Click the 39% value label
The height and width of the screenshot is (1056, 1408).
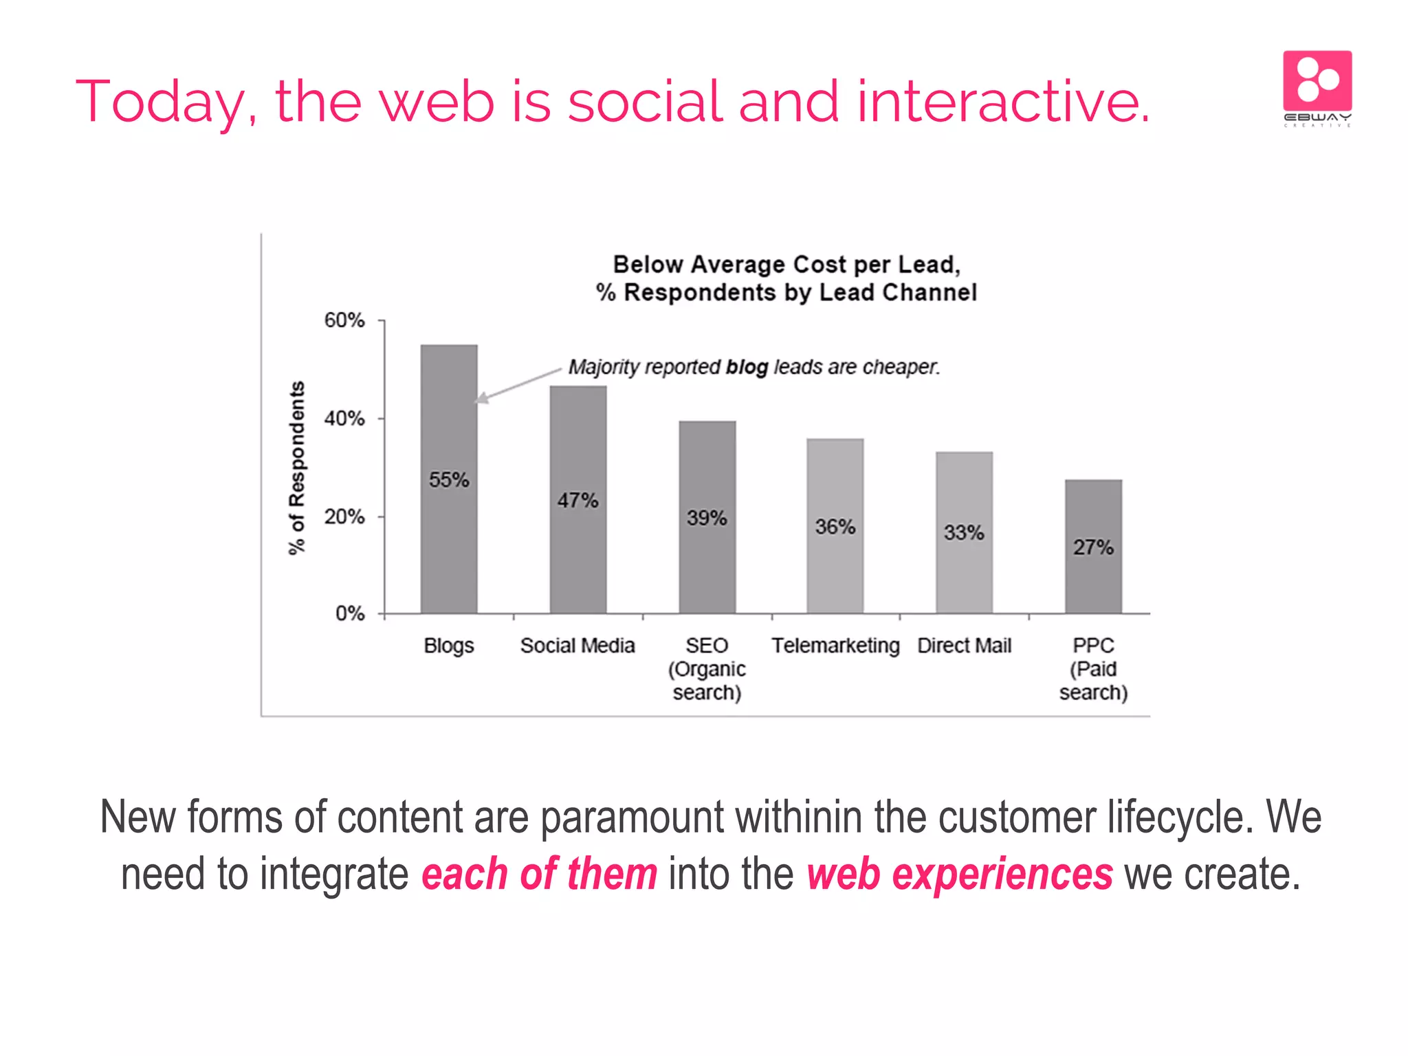pos(707,518)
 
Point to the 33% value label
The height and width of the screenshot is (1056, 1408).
pos(964,532)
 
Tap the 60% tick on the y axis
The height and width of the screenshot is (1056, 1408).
pos(344,320)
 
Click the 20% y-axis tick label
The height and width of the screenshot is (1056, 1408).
pos(344,517)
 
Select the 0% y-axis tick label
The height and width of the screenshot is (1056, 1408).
pos(350,613)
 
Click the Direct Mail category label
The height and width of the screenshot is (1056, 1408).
pos(964,646)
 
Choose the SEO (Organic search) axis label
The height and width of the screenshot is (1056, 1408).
pos(707,668)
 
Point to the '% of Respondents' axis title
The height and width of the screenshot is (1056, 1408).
pos(296,467)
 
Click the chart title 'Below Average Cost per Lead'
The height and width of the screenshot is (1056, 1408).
pos(786,265)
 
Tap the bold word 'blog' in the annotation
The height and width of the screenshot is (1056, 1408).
pos(747,368)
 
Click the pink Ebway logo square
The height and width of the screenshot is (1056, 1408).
pos(1317,81)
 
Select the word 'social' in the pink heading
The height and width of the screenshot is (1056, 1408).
pos(645,102)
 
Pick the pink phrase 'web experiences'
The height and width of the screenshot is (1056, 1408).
pos(959,874)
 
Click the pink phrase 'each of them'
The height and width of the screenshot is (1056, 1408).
pos(540,874)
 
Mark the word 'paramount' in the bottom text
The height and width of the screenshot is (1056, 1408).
pos(631,818)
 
